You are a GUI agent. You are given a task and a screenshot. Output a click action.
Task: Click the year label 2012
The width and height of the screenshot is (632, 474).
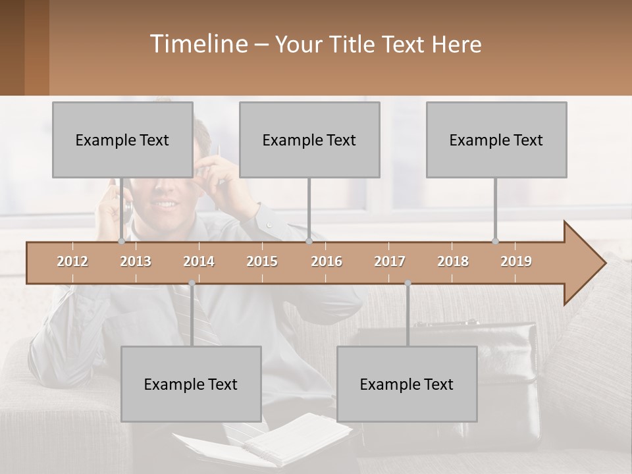coord(72,261)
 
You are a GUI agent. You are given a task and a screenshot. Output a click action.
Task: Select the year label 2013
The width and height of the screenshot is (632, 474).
coord(136,261)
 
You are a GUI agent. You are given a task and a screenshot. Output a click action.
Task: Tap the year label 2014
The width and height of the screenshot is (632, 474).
coord(199,261)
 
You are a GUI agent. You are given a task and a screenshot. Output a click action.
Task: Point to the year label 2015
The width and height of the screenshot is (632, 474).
coord(262,261)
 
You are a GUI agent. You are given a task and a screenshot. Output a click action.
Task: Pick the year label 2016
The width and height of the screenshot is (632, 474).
coord(327,261)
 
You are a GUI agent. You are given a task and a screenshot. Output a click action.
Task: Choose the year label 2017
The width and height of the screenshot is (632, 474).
coord(390,261)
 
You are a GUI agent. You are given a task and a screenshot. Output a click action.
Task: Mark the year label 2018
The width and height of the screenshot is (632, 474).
coord(453,261)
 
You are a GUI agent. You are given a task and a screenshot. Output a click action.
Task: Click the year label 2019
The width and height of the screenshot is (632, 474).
coord(516,261)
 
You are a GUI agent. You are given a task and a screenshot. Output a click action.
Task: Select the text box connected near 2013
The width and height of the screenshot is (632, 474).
coord(122,140)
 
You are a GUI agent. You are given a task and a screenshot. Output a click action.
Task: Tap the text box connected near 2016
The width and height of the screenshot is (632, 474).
coord(309,140)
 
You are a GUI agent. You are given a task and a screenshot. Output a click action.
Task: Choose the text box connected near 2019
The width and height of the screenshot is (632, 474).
coord(496,140)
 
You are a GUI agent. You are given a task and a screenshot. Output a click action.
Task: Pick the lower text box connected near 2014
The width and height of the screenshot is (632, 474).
coord(191,384)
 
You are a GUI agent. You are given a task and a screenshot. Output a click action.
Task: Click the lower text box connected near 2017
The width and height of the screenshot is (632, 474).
coord(407,384)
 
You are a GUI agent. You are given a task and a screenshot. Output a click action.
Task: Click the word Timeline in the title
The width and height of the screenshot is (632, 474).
coord(197,43)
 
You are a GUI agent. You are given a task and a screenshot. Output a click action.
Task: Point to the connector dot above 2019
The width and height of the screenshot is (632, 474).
coord(496,241)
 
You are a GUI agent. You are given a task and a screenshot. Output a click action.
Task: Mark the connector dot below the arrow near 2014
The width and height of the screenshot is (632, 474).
coord(192,283)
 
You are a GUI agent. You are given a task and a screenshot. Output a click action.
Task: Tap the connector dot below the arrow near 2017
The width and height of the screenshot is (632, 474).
coord(408,283)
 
